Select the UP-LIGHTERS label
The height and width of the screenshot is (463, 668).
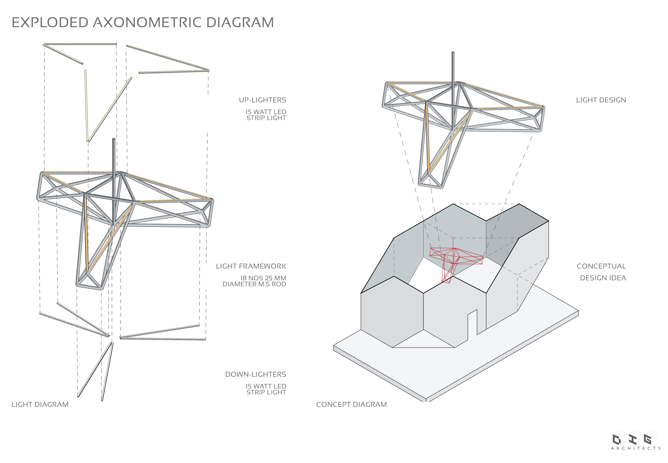[262, 100]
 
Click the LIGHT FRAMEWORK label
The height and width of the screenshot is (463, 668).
[251, 266]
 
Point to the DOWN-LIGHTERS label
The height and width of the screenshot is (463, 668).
[256, 374]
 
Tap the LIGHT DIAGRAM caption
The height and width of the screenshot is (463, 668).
[40, 405]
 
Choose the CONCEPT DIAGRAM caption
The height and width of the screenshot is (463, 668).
[352, 405]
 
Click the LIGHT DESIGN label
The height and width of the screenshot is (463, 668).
[601, 100]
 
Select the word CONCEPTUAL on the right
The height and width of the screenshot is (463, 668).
[601, 266]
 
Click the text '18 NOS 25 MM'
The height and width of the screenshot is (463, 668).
[263, 278]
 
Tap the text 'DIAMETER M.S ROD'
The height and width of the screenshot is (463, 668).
[254, 284]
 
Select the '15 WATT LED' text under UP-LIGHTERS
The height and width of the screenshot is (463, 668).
[266, 112]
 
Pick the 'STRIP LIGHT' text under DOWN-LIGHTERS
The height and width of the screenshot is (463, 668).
[266, 393]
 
